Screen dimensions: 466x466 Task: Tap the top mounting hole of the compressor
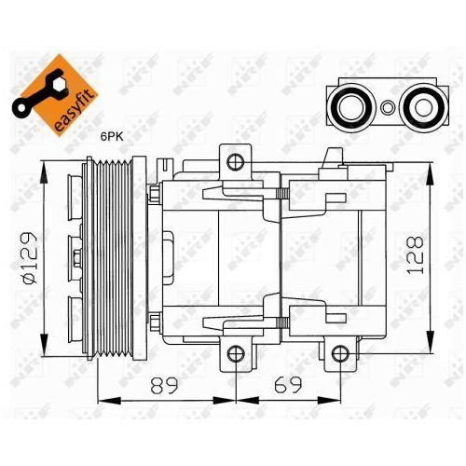point(234,160)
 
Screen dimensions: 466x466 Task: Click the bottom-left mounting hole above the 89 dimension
point(234,352)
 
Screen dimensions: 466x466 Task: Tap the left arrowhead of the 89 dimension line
point(102,401)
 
